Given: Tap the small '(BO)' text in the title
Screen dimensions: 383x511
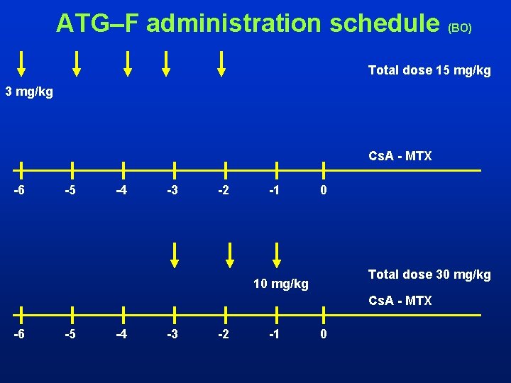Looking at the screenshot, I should click(459, 28).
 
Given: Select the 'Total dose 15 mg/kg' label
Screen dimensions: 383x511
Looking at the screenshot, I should click(429, 70).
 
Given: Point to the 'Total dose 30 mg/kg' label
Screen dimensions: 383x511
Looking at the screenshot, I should click(429, 274).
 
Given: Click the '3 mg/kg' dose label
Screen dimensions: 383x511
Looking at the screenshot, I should click(29, 91).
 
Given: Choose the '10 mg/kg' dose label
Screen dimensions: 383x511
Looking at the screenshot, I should click(281, 284).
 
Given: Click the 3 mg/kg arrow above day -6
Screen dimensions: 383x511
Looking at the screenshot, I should click(21, 63).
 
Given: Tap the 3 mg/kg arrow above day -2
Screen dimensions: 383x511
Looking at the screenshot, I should click(221, 63).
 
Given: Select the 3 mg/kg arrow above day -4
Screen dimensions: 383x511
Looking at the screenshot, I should click(128, 63).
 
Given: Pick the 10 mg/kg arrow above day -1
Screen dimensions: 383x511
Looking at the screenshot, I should click(277, 255).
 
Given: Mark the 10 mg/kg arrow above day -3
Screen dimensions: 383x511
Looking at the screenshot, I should click(175, 255).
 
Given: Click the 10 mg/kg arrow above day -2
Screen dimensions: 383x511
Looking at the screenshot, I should click(230, 255).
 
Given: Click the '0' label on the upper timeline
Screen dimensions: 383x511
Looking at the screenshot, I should click(324, 190).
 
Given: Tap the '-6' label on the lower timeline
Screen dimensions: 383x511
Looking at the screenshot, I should click(21, 334).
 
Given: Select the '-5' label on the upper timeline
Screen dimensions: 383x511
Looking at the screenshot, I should click(71, 190).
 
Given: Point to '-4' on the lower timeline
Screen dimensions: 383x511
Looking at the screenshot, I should click(122, 334).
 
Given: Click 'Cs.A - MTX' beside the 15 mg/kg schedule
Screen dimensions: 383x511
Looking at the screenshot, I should click(400, 156).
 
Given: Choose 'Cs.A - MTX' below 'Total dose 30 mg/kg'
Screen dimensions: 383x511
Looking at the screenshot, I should click(400, 301).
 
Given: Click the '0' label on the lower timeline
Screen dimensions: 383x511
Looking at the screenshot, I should click(324, 334).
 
